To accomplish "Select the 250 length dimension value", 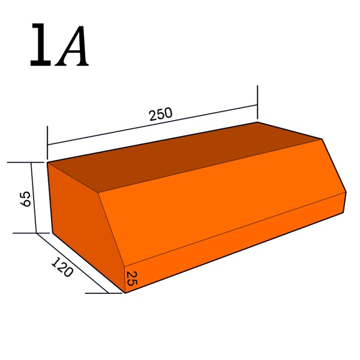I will pos(161,114).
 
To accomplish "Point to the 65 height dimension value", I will pos(26,199).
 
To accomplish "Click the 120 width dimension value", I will pos(62,268).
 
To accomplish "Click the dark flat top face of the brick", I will pos(180,156).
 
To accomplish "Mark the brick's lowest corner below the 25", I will pos(125,293).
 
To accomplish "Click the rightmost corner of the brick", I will pos(346,192).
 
